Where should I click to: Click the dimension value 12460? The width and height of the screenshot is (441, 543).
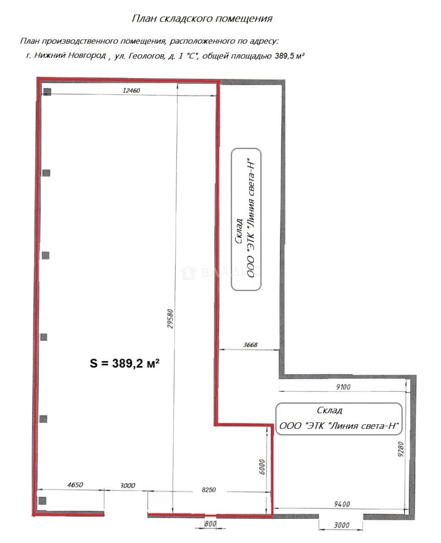click(131, 90)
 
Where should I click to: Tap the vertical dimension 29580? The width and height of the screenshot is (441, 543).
click(170, 319)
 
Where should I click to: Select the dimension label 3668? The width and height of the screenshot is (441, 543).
click(250, 344)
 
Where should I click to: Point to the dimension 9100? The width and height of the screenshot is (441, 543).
click(343, 387)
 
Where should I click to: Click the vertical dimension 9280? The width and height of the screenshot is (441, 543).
click(401, 449)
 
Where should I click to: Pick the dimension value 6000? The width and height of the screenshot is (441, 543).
click(262, 467)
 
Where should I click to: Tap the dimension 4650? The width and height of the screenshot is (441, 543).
click(75, 485)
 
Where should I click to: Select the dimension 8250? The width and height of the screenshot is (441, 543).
click(209, 490)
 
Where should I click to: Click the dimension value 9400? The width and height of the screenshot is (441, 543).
click(342, 504)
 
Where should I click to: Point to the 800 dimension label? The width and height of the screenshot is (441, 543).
click(210, 524)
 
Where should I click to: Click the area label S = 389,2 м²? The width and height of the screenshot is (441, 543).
click(124, 363)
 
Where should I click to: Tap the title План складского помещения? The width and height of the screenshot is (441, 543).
click(202, 19)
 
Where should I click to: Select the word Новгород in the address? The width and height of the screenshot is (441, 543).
click(87, 55)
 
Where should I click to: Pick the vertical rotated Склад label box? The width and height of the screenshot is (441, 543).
click(246, 219)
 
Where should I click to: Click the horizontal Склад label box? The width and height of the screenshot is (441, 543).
click(339, 419)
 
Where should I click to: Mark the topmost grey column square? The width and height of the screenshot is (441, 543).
click(47, 92)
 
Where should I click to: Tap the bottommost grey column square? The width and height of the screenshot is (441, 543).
click(42, 500)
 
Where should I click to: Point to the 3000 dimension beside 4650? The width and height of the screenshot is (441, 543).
click(127, 486)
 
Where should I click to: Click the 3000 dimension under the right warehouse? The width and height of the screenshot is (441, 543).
click(341, 525)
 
